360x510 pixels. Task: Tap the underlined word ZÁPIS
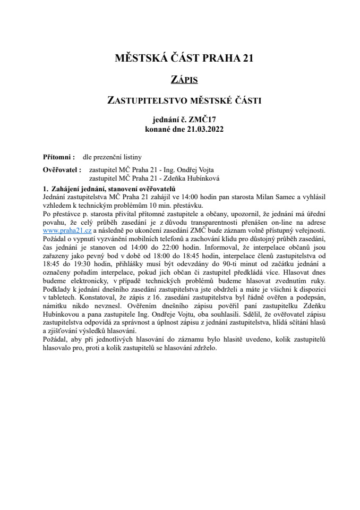pyautogui.click(x=184, y=80)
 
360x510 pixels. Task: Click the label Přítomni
pyautogui.click(x=58, y=157)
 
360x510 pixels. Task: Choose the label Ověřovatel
pyautogui.click(x=62, y=170)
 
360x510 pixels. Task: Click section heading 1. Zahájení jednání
pyautogui.click(x=109, y=189)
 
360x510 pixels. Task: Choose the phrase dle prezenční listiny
pyautogui.click(x=112, y=157)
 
